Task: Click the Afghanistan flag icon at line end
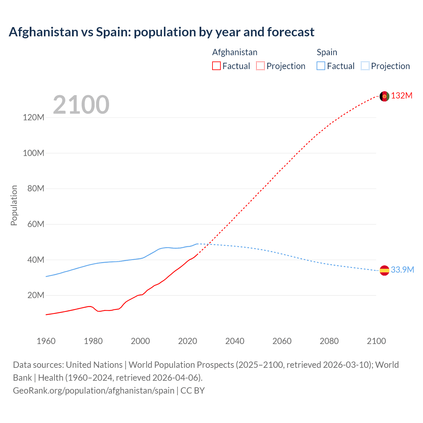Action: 384,96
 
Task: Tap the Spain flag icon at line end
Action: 384,270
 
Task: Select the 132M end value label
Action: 402,96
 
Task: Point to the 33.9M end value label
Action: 403,270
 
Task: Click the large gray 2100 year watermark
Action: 81,105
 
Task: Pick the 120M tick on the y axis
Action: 33,118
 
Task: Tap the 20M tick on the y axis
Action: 35,295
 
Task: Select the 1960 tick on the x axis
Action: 46,341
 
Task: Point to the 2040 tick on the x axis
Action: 235,341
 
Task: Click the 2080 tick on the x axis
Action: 329,341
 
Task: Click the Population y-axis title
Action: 14,205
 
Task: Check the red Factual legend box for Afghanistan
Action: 216,66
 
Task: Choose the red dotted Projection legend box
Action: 260,66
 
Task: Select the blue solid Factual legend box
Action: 321,66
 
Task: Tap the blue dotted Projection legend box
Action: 365,66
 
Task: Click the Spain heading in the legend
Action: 327,52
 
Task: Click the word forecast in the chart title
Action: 291,32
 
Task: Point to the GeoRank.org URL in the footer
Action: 94,391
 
